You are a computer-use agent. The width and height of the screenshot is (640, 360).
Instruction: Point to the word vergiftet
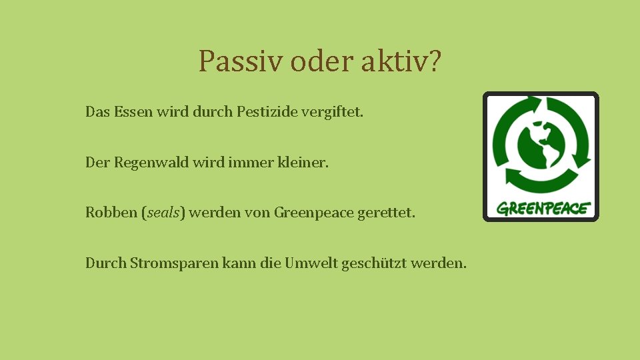[x=333, y=112]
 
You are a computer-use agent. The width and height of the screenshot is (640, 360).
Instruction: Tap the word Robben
[x=111, y=213]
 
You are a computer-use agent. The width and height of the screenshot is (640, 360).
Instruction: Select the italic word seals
[x=164, y=213]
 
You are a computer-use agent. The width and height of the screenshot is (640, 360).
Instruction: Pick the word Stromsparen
[x=175, y=263]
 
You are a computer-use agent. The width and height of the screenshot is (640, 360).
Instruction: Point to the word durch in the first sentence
[x=213, y=112]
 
